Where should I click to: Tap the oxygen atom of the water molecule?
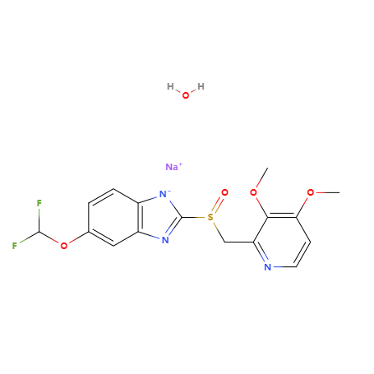point(186,95)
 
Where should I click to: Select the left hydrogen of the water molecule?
point(170,86)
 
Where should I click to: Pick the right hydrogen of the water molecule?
point(201,86)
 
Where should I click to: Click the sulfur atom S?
point(210,217)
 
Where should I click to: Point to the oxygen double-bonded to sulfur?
point(224,192)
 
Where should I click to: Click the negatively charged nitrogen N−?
point(164,194)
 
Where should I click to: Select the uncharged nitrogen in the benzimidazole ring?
point(165,240)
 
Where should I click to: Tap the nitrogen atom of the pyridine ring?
point(268,267)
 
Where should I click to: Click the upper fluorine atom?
point(39,203)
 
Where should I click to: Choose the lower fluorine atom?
point(15,246)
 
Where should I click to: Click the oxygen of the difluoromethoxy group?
point(64,246)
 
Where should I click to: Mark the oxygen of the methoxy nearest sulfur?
point(254,192)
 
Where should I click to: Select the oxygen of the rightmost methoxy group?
point(311,192)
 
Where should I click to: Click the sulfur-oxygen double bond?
point(218,205)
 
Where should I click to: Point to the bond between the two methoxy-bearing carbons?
point(282,216)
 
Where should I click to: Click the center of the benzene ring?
point(113,217)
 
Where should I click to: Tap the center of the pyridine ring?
point(282,242)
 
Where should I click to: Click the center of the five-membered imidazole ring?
point(158,217)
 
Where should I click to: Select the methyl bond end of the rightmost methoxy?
point(339,192)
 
